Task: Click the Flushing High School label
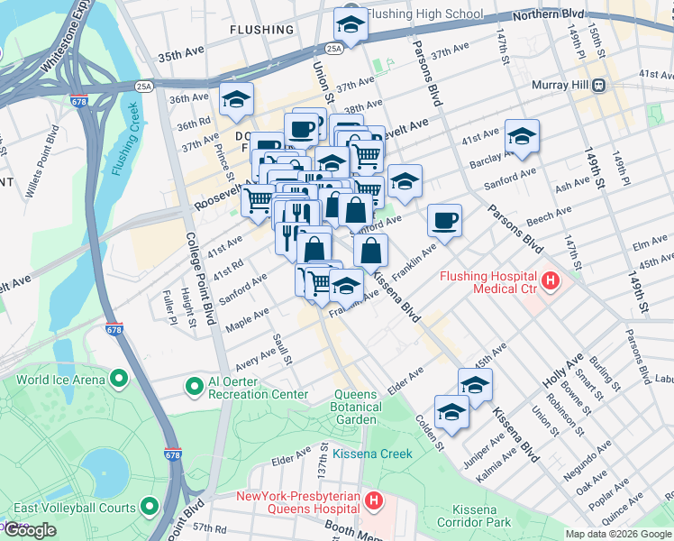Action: pyautogui.click(x=425, y=14)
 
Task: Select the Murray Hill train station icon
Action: pyautogui.click(x=597, y=85)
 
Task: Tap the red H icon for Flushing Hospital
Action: pyautogui.click(x=550, y=283)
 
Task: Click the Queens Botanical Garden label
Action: pyautogui.click(x=355, y=407)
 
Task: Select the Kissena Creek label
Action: pyautogui.click(x=372, y=454)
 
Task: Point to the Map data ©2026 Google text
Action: pyautogui.click(x=618, y=534)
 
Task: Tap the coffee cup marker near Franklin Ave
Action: pyautogui.click(x=443, y=219)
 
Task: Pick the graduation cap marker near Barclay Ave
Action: pyautogui.click(x=522, y=136)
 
